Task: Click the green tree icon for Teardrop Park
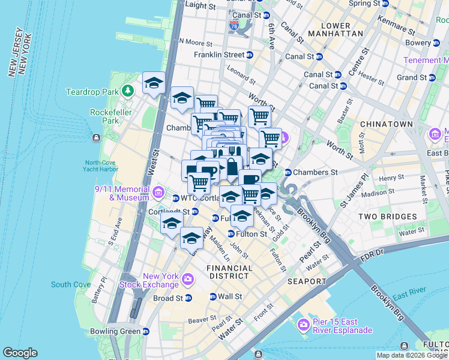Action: pyautogui.click(x=127, y=91)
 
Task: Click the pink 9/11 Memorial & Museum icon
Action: pyautogui.click(x=158, y=192)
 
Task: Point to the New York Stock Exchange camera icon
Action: pyautogui.click(x=188, y=279)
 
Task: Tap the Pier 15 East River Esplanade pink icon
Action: pyautogui.click(x=304, y=325)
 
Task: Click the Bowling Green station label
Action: pyautogui.click(x=114, y=331)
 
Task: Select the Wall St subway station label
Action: pyautogui.click(x=229, y=296)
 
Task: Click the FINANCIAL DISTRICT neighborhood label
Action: pyautogui.click(x=228, y=272)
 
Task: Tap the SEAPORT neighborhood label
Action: pyautogui.click(x=307, y=281)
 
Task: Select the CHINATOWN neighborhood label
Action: pyautogui.click(x=386, y=124)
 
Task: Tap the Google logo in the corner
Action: pyautogui.click(x=20, y=353)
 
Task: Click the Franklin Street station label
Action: pyautogui.click(x=219, y=55)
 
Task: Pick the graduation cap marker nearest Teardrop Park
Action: pyautogui.click(x=154, y=83)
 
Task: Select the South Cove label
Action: pyautogui.click(x=71, y=284)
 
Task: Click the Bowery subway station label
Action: pyautogui.click(x=418, y=43)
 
